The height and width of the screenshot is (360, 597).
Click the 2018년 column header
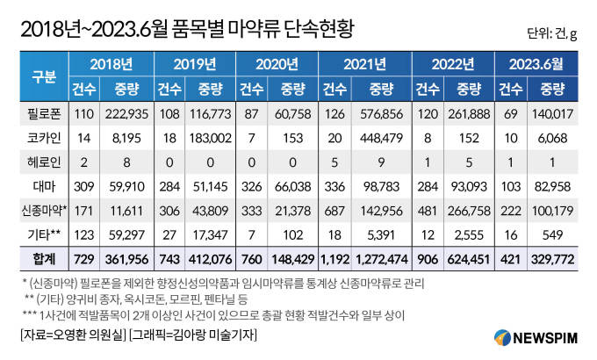pos(111,63)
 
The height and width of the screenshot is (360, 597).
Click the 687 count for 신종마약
pos(335,212)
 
